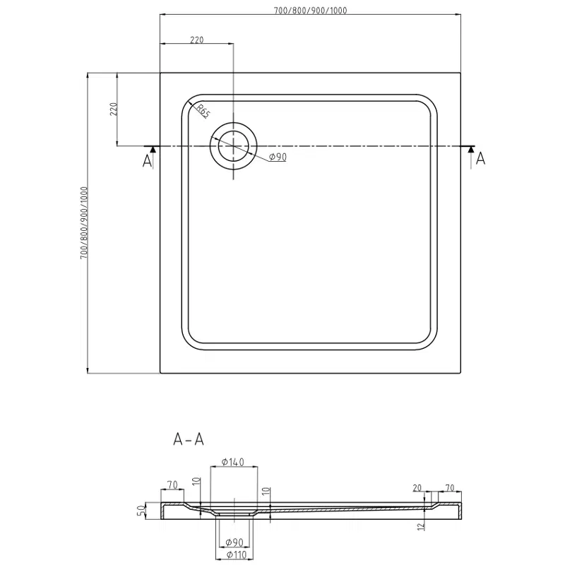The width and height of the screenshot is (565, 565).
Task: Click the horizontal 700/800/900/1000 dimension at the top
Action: tap(311, 10)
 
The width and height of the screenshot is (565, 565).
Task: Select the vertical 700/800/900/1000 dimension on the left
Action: tap(83, 222)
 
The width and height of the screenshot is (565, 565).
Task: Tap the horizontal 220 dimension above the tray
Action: tap(197, 40)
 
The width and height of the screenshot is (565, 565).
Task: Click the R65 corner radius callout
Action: tap(203, 110)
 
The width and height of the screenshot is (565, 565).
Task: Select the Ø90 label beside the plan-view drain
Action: tap(278, 157)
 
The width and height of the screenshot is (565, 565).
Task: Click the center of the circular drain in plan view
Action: tap(232, 146)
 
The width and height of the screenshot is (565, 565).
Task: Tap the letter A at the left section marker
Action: tap(148, 161)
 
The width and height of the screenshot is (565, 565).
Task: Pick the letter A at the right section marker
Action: tap(481, 158)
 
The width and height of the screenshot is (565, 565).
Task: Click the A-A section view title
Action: tap(189, 439)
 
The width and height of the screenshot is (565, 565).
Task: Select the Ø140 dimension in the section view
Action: tap(232, 463)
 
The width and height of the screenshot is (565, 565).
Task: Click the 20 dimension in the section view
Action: tap(418, 487)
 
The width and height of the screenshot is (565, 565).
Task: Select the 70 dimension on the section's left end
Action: tap(172, 485)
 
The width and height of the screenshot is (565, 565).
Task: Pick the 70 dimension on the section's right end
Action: tap(450, 487)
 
